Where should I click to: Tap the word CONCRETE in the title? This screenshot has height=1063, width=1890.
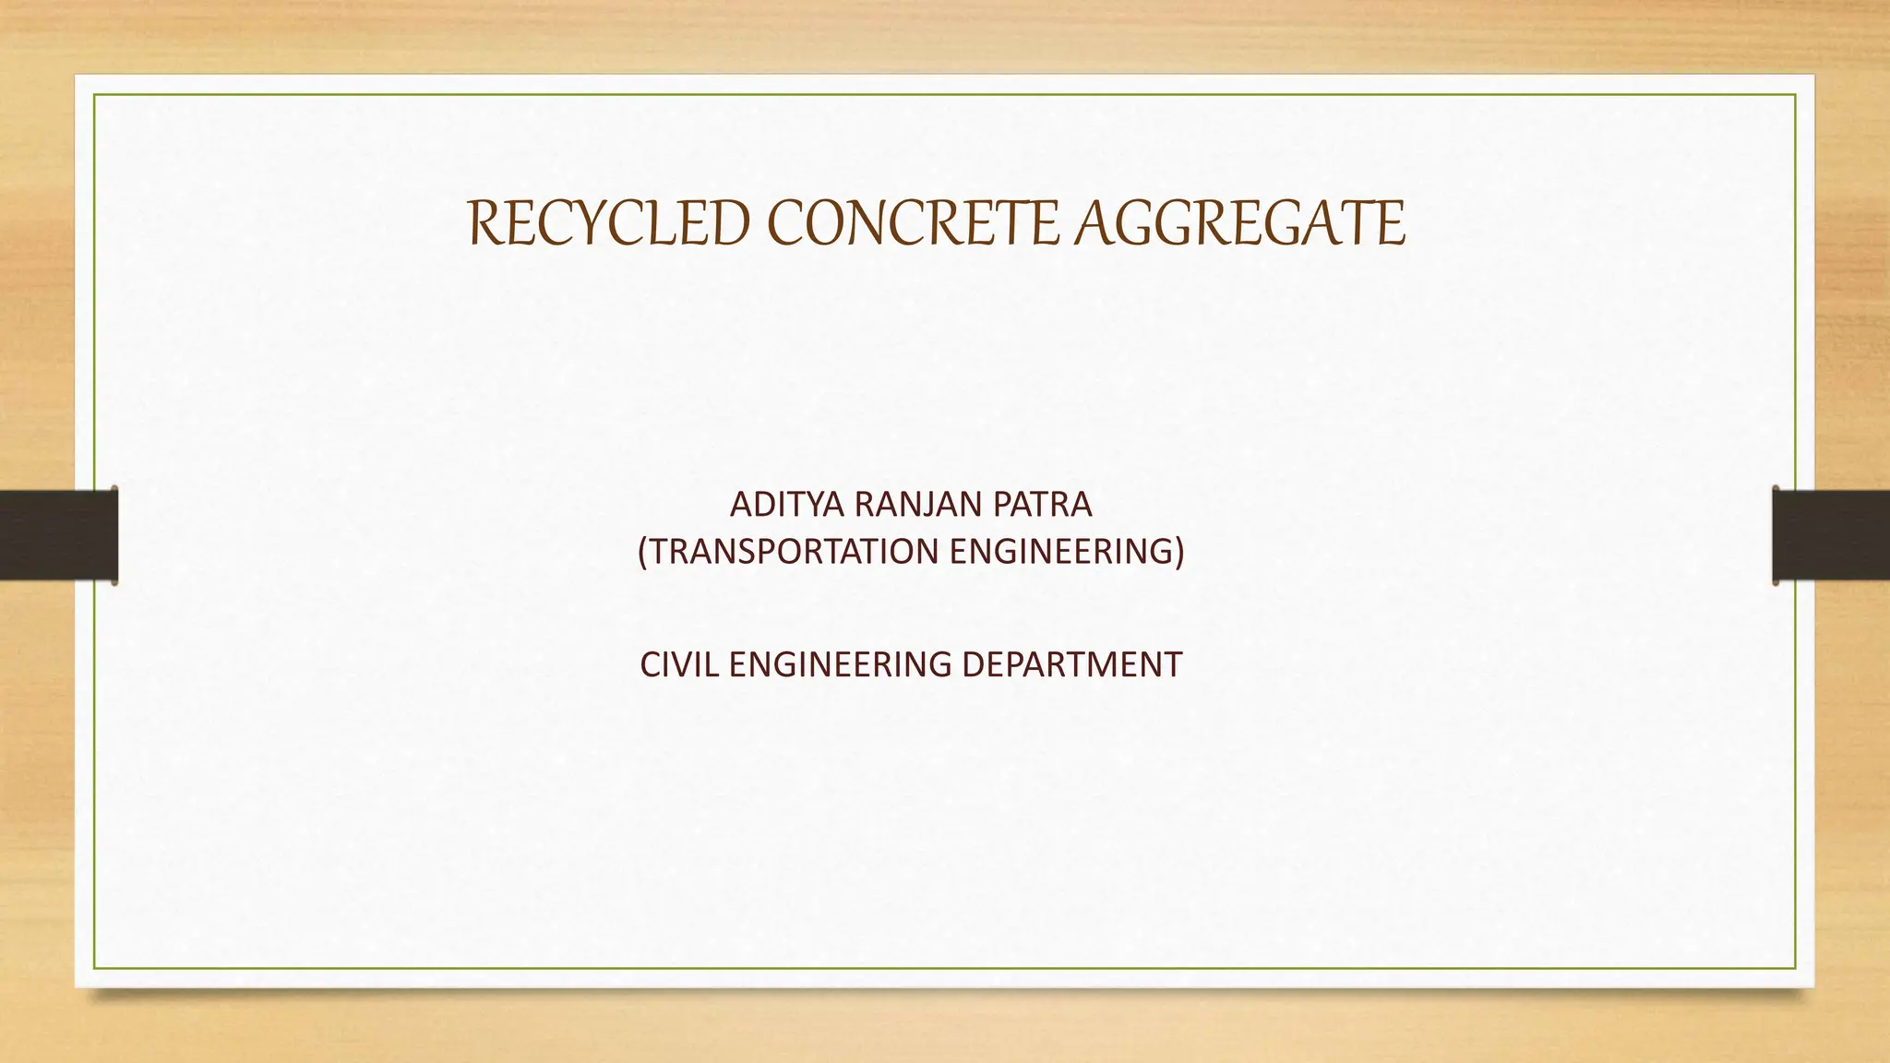(x=912, y=224)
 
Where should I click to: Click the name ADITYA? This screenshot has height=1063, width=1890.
(x=787, y=505)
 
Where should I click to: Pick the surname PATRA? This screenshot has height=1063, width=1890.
(x=1043, y=505)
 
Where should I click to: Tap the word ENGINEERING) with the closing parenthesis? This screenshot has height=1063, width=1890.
(x=1067, y=552)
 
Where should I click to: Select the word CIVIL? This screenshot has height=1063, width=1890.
(x=679, y=664)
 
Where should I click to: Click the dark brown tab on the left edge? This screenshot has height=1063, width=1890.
(x=58, y=535)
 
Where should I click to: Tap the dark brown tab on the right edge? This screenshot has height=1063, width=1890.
(x=1831, y=535)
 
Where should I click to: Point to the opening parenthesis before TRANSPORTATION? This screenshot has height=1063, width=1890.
(x=644, y=552)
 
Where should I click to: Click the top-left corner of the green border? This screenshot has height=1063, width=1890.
(x=94, y=94)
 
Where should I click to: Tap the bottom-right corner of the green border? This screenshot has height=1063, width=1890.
(x=1796, y=969)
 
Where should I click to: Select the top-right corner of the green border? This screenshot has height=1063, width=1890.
(x=1796, y=94)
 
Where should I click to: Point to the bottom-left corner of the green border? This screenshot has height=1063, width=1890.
(x=94, y=969)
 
